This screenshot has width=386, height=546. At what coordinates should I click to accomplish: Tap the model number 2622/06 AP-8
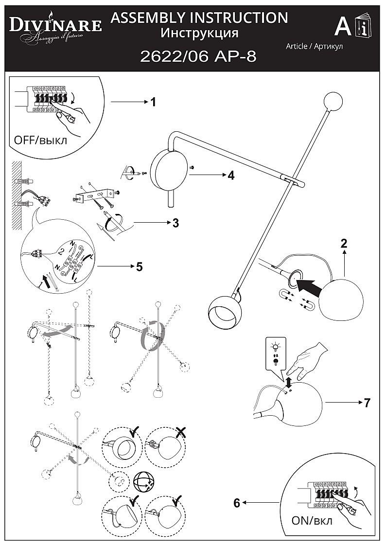point(198,57)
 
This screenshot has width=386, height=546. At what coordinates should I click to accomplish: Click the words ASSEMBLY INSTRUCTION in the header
point(199,18)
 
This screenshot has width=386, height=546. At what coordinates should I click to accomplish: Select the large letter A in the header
point(343,27)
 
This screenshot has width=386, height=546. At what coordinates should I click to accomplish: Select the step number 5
point(139,266)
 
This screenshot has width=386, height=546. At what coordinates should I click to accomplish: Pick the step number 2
point(344,244)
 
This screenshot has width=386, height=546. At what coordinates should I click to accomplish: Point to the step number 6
point(237,503)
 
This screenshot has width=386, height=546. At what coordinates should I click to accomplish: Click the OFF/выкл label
point(41,141)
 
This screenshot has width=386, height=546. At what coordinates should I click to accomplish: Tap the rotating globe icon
point(143,482)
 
